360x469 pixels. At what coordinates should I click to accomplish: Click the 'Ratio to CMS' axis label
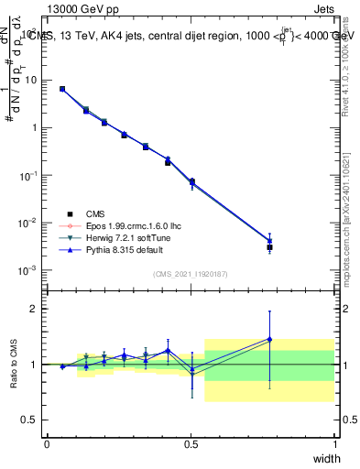pyautogui.click(x=15, y=364)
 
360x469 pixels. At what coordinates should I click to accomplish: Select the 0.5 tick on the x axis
pyautogui.click(x=191, y=444)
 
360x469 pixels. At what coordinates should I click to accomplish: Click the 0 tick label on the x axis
pyautogui.click(x=47, y=444)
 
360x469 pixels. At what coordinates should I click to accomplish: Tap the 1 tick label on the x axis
pyautogui.click(x=334, y=444)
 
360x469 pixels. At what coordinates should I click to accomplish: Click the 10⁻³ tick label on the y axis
pyautogui.click(x=27, y=270)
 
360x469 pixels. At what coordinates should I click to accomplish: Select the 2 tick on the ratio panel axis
pyautogui.click(x=34, y=309)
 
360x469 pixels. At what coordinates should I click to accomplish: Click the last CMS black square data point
pyautogui.click(x=269, y=247)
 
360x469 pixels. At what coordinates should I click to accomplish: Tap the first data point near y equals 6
pyautogui.click(x=62, y=89)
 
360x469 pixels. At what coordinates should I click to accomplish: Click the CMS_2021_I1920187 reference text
pyautogui.click(x=191, y=274)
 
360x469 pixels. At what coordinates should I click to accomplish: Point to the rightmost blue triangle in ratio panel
pyautogui.click(x=269, y=339)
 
